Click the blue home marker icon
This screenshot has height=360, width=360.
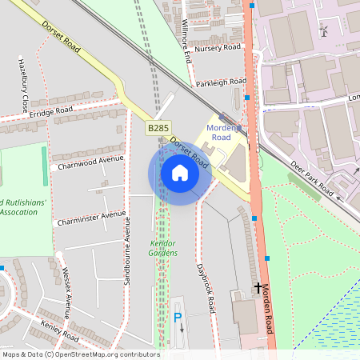click(180, 172)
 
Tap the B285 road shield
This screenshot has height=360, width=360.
click(157, 127)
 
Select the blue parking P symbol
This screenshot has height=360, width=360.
click(178, 318)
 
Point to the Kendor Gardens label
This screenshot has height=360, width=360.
click(164, 248)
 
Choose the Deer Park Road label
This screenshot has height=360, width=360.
click(312, 178)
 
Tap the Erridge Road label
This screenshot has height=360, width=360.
click(51, 112)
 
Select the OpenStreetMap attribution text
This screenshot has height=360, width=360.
click(81, 354)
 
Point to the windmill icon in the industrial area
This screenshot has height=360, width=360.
click(324, 30)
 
